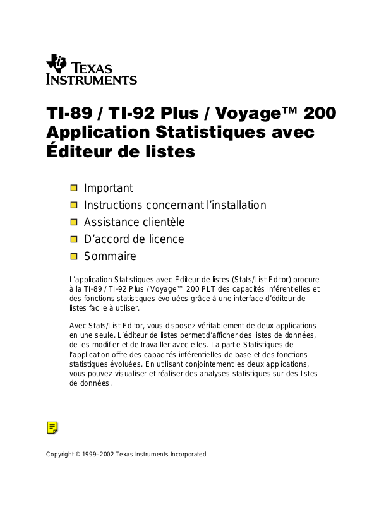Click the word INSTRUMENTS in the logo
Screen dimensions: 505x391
[92, 80]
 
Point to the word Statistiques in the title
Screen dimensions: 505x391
[207, 133]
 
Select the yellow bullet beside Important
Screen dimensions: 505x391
[74, 188]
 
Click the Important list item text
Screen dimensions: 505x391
[109, 188]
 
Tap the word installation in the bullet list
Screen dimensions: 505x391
[238, 205]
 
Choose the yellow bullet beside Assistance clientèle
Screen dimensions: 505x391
[74, 222]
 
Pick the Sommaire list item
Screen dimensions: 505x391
[110, 256]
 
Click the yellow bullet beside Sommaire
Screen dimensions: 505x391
[74, 256]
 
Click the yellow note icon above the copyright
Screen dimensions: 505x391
[52, 427]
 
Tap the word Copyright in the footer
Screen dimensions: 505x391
[60, 454]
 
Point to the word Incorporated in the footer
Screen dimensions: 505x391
[186, 454]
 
